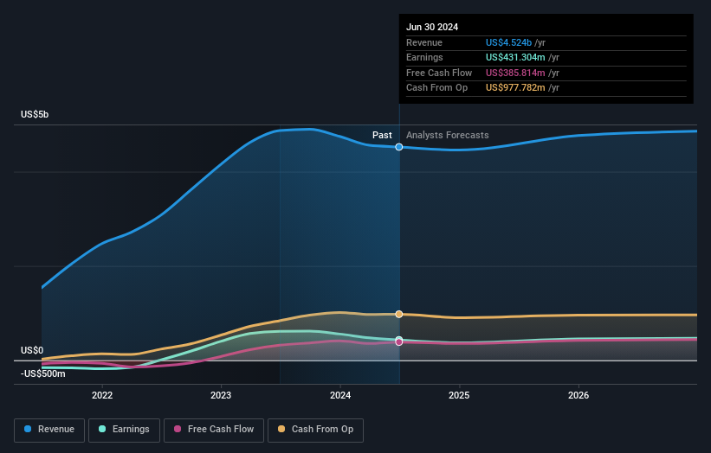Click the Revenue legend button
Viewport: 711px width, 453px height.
49,429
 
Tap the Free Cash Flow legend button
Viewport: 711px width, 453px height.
213,429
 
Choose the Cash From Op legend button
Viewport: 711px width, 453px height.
315,429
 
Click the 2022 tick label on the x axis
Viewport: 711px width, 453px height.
102,395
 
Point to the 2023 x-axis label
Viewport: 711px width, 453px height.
221,395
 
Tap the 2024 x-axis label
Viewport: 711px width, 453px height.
340,395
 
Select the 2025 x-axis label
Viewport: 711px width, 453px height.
459,395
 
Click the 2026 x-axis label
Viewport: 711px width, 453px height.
578,395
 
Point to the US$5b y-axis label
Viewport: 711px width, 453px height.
36,115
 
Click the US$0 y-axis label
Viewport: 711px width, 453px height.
32,350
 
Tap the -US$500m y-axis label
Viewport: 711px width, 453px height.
42,373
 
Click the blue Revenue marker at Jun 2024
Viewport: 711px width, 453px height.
399,147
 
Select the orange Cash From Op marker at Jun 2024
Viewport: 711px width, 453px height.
399,314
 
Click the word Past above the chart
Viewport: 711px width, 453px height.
382,136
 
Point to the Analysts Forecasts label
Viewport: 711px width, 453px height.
447,136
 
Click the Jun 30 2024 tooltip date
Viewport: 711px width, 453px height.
432,27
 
